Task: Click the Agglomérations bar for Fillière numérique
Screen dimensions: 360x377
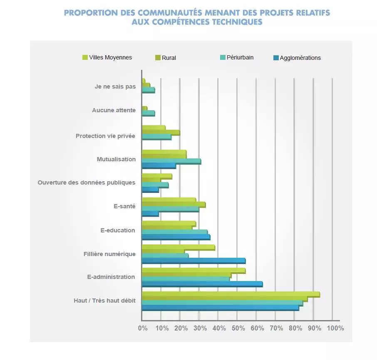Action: point(193,261)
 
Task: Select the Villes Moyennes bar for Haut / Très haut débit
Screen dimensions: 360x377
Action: point(231,294)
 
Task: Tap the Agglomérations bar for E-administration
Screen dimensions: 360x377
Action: point(202,284)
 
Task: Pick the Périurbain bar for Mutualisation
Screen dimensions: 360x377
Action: point(171,160)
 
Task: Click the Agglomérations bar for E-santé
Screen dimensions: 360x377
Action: point(150,214)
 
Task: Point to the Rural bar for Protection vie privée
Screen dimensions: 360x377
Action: point(161,132)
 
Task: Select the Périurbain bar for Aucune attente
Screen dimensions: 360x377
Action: point(148,113)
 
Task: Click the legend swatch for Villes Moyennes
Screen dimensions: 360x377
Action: point(85,57)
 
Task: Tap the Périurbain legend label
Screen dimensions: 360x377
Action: point(240,57)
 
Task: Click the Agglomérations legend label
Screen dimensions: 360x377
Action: point(300,58)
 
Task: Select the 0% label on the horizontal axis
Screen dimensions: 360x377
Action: point(142,328)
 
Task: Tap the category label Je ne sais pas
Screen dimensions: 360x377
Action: point(115,87)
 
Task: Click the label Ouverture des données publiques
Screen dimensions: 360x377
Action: point(86,182)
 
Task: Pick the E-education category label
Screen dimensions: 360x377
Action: point(118,230)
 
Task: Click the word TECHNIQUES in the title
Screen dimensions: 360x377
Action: point(236,22)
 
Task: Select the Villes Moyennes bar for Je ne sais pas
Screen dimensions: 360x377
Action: point(143,80)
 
